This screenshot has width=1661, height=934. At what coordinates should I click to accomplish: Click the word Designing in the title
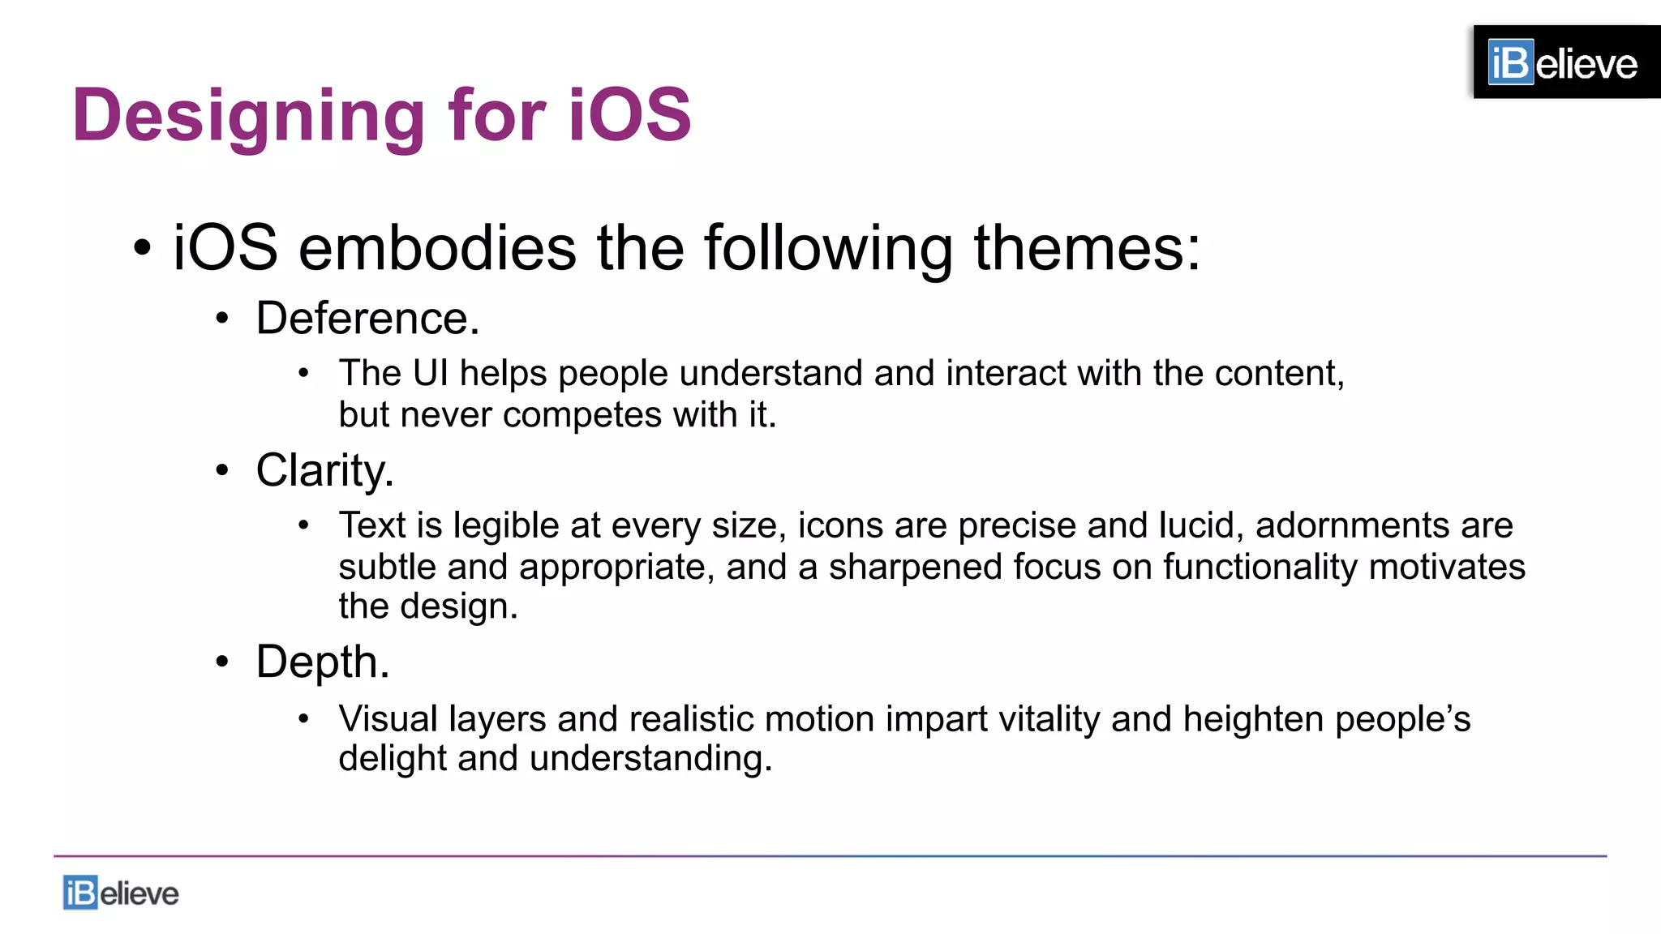[248, 116]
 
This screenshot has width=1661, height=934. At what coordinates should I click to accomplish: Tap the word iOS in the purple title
[629, 114]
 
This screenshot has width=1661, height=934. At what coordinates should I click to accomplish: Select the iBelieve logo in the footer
[121, 893]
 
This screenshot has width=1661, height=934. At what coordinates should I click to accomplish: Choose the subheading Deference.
[367, 318]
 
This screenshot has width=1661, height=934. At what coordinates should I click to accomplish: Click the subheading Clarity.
[324, 470]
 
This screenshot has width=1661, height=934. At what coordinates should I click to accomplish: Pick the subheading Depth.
[323, 662]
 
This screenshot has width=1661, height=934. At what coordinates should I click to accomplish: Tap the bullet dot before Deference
[222, 319]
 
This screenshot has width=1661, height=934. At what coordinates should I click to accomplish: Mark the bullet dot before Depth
[222, 662]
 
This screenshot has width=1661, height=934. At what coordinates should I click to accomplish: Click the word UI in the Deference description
[430, 373]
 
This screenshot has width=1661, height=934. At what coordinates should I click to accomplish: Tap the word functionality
[1260, 567]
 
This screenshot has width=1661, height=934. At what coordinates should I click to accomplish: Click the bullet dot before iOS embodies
[143, 248]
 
